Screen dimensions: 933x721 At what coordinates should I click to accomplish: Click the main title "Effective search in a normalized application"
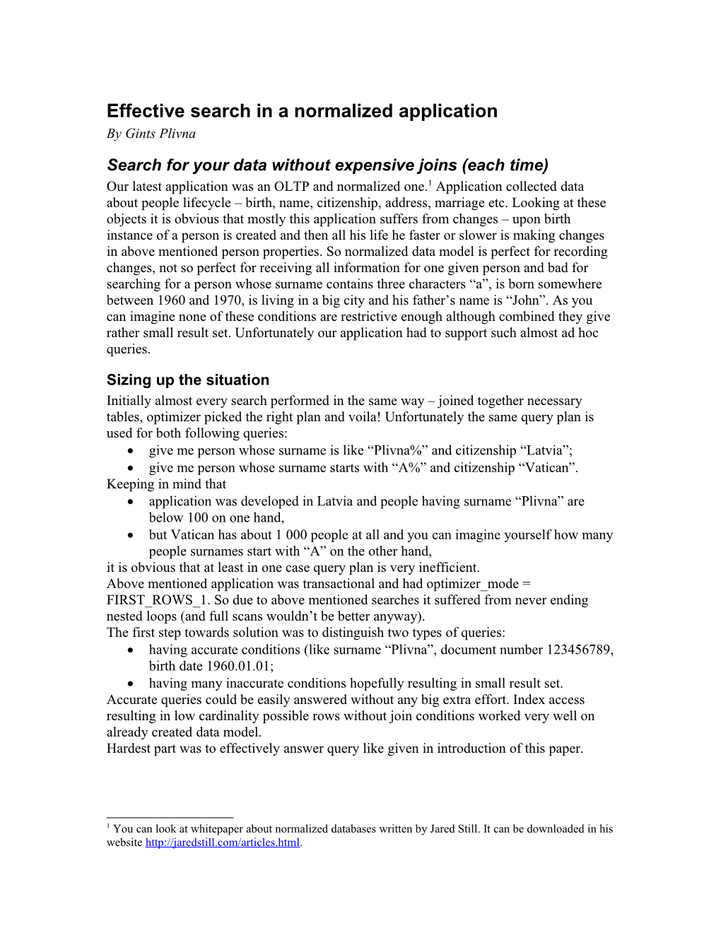[302, 111]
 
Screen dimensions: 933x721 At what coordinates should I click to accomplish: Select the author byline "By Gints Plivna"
[151, 134]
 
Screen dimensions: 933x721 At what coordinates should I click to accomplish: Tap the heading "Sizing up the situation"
[188, 380]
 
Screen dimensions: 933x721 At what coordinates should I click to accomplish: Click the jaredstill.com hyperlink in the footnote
[223, 843]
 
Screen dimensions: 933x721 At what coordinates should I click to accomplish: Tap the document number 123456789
[580, 650]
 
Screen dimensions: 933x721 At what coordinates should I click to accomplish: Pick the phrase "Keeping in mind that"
[166, 484]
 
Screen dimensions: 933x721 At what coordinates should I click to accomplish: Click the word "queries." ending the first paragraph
[128, 349]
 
